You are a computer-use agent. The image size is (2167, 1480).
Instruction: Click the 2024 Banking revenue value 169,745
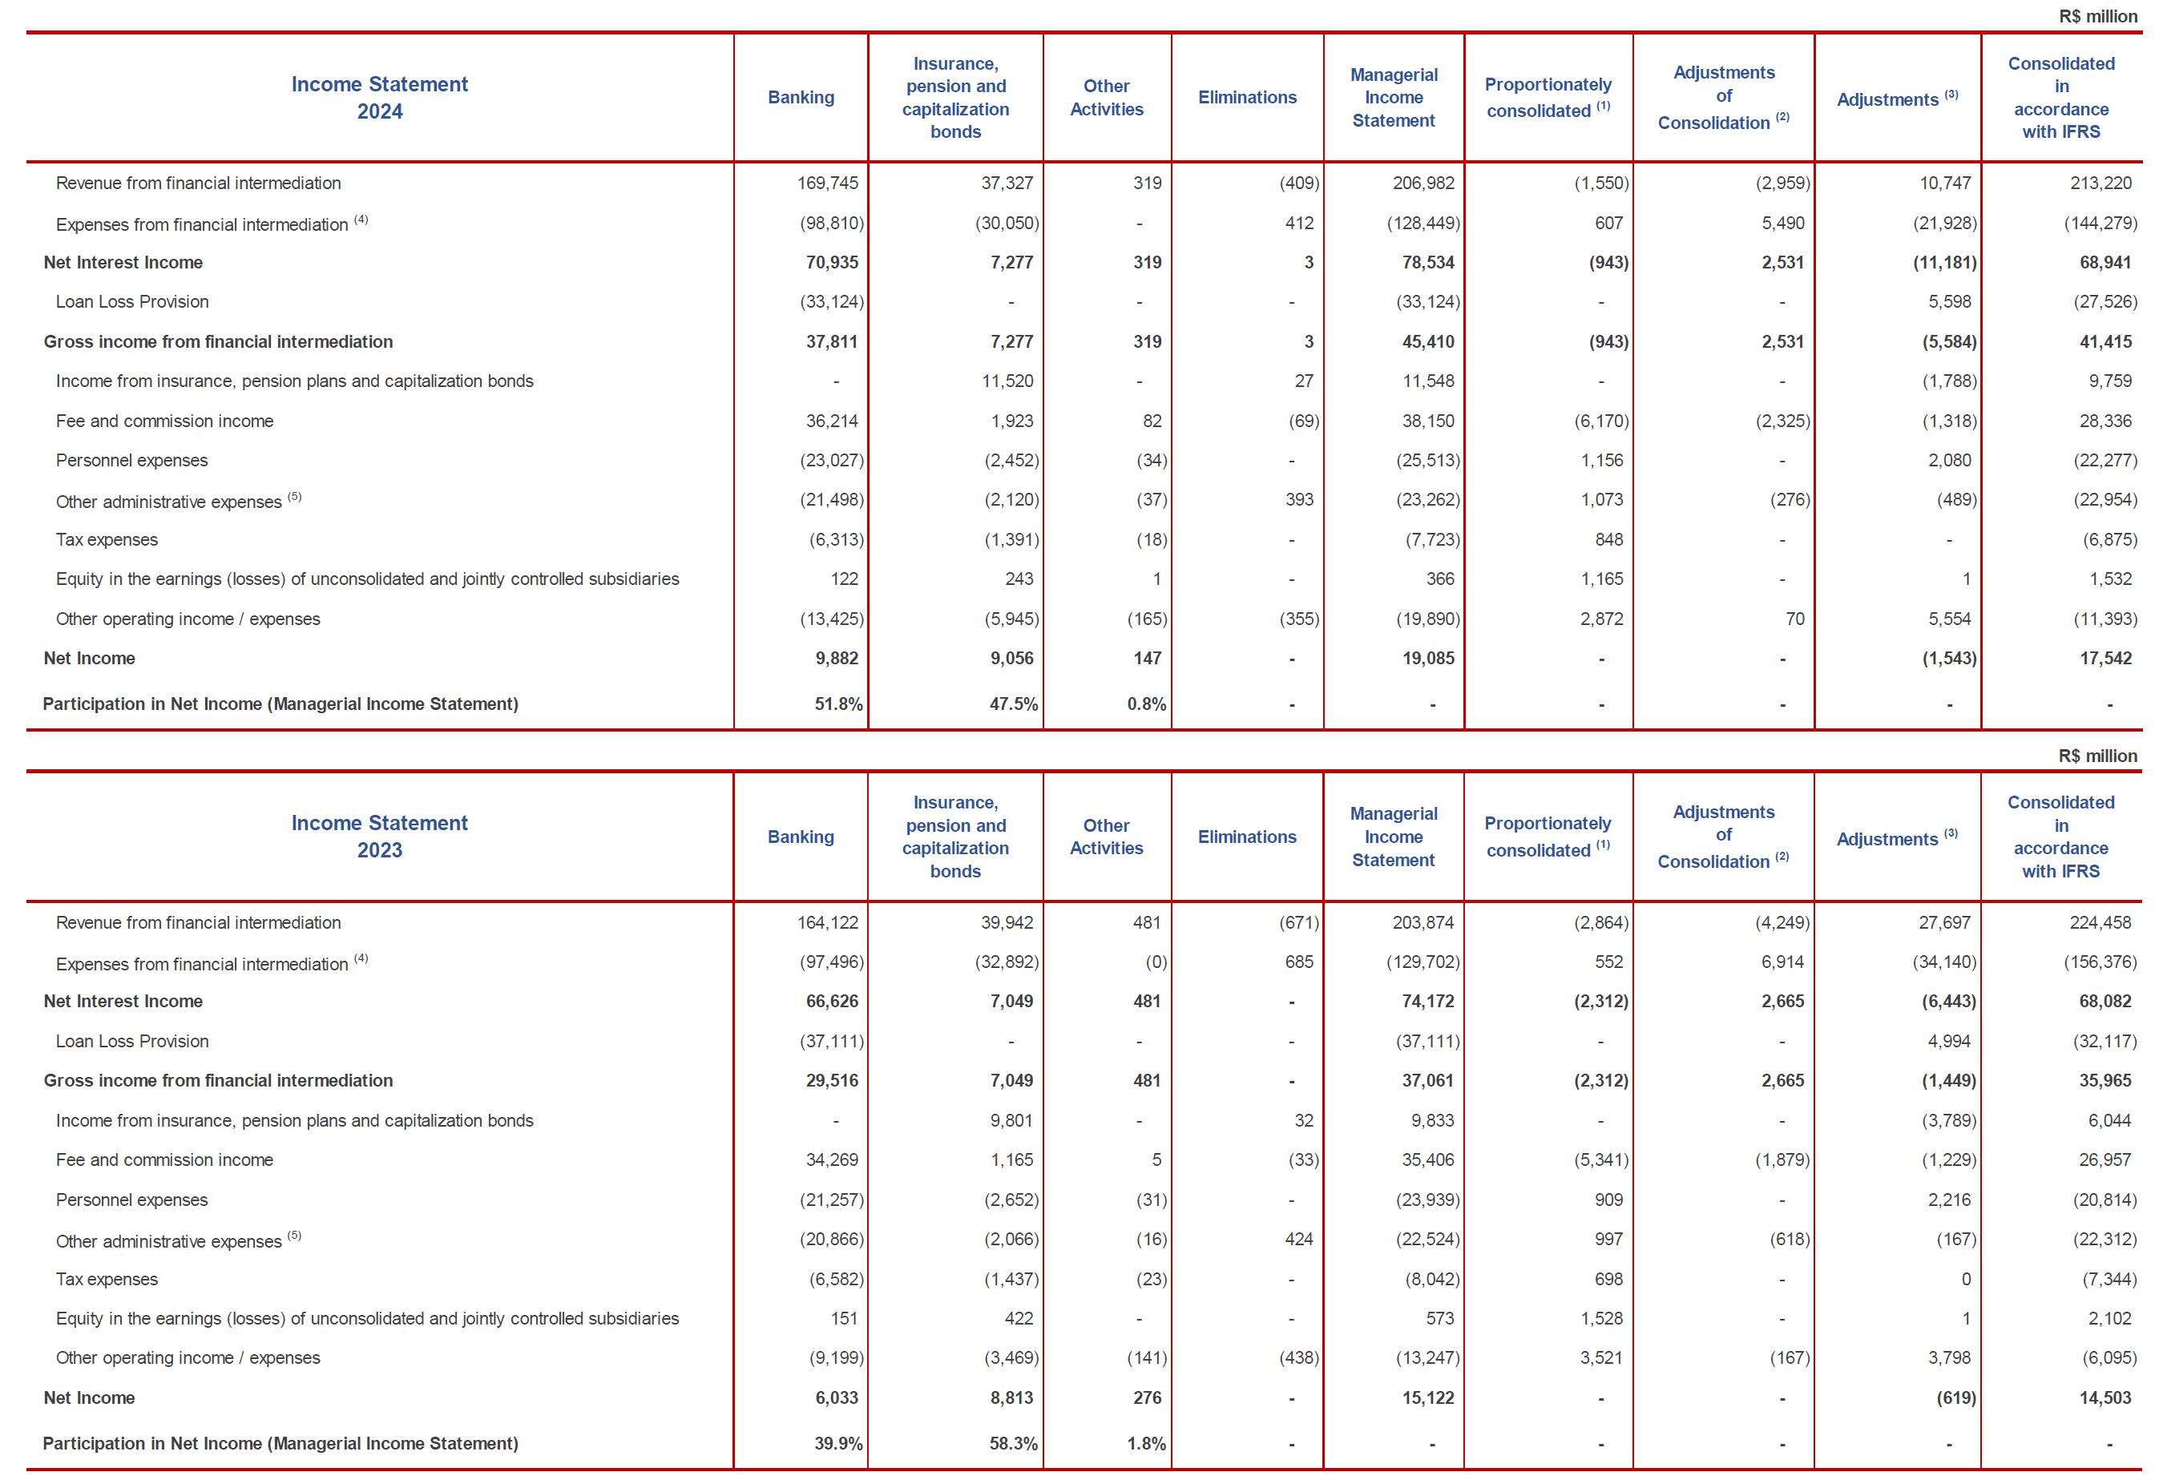pos(827,183)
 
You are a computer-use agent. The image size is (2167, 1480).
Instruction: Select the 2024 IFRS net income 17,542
pos(2104,659)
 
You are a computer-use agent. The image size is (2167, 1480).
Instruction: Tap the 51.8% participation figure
pos(838,704)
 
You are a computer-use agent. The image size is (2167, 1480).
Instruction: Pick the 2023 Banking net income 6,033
pos(832,1398)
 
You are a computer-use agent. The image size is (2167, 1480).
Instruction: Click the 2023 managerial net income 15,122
pos(1427,1398)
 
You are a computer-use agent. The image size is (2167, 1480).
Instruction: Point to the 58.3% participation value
pos(1013,1444)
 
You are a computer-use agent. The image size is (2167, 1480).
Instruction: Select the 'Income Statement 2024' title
pos(380,98)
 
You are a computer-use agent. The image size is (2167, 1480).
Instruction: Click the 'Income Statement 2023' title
pos(380,837)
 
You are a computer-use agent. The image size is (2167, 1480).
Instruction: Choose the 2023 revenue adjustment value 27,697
pos(1944,922)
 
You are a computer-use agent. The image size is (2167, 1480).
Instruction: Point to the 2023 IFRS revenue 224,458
pos(2100,922)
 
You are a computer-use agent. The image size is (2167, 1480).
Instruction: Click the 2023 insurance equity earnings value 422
pos(1019,1319)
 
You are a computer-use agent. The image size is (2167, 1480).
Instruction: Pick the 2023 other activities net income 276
pos(1147,1398)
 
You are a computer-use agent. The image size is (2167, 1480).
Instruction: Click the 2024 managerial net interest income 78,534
pos(1427,262)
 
